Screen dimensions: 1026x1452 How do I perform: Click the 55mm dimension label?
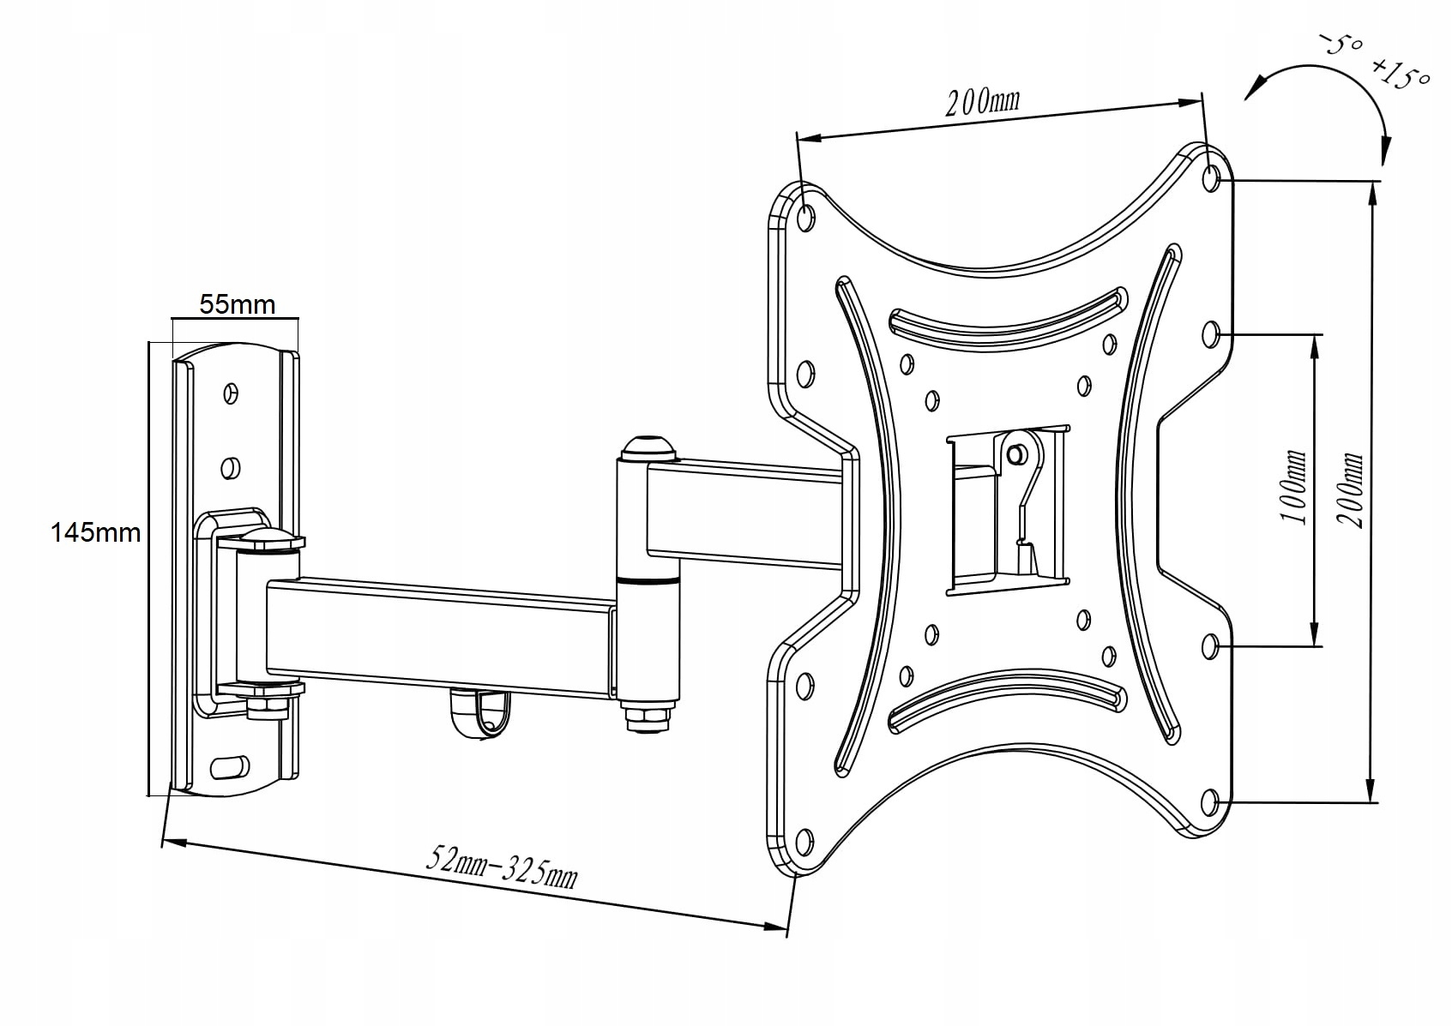(x=237, y=304)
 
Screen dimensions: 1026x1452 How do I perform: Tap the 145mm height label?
(x=95, y=532)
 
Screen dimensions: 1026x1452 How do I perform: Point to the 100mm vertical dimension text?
(x=1293, y=489)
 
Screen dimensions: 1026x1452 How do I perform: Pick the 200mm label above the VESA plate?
(x=983, y=101)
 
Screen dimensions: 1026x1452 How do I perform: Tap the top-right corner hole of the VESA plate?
(x=1212, y=179)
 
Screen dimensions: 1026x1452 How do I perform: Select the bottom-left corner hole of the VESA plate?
(x=804, y=840)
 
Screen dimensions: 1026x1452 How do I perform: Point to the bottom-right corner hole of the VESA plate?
(x=1210, y=802)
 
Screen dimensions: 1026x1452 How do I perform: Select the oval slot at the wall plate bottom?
(x=229, y=765)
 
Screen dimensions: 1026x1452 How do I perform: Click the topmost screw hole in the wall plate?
(x=229, y=393)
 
